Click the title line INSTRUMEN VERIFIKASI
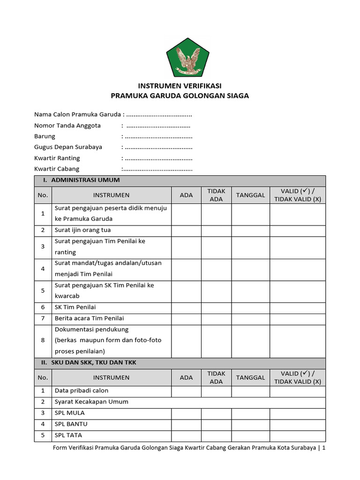tap(180, 86)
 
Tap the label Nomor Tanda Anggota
tap(67, 126)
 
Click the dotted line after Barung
tap(159, 136)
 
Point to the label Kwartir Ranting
tap(57, 158)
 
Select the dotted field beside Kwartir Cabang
tap(159, 169)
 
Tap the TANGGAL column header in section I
tap(250, 195)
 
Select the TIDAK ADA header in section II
tap(216, 377)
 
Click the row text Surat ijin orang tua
tap(82, 230)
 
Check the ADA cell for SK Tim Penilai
tap(186, 307)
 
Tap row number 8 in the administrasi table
tap(43, 340)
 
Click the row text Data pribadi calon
tap(82, 391)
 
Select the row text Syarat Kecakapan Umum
tap(91, 402)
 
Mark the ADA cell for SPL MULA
tap(186, 413)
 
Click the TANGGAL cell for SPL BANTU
tap(250, 424)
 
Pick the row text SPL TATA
tap(68, 435)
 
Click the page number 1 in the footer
tap(323, 448)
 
